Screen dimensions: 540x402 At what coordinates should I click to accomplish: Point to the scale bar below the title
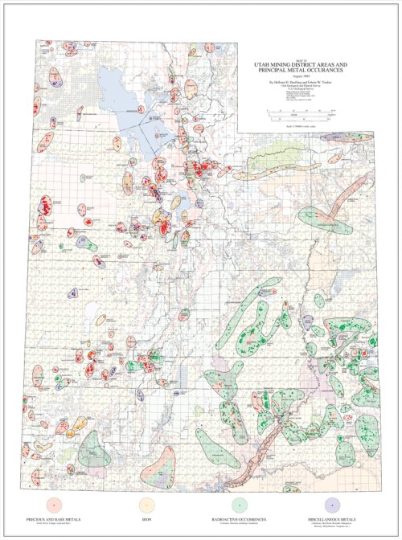click(301, 112)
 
